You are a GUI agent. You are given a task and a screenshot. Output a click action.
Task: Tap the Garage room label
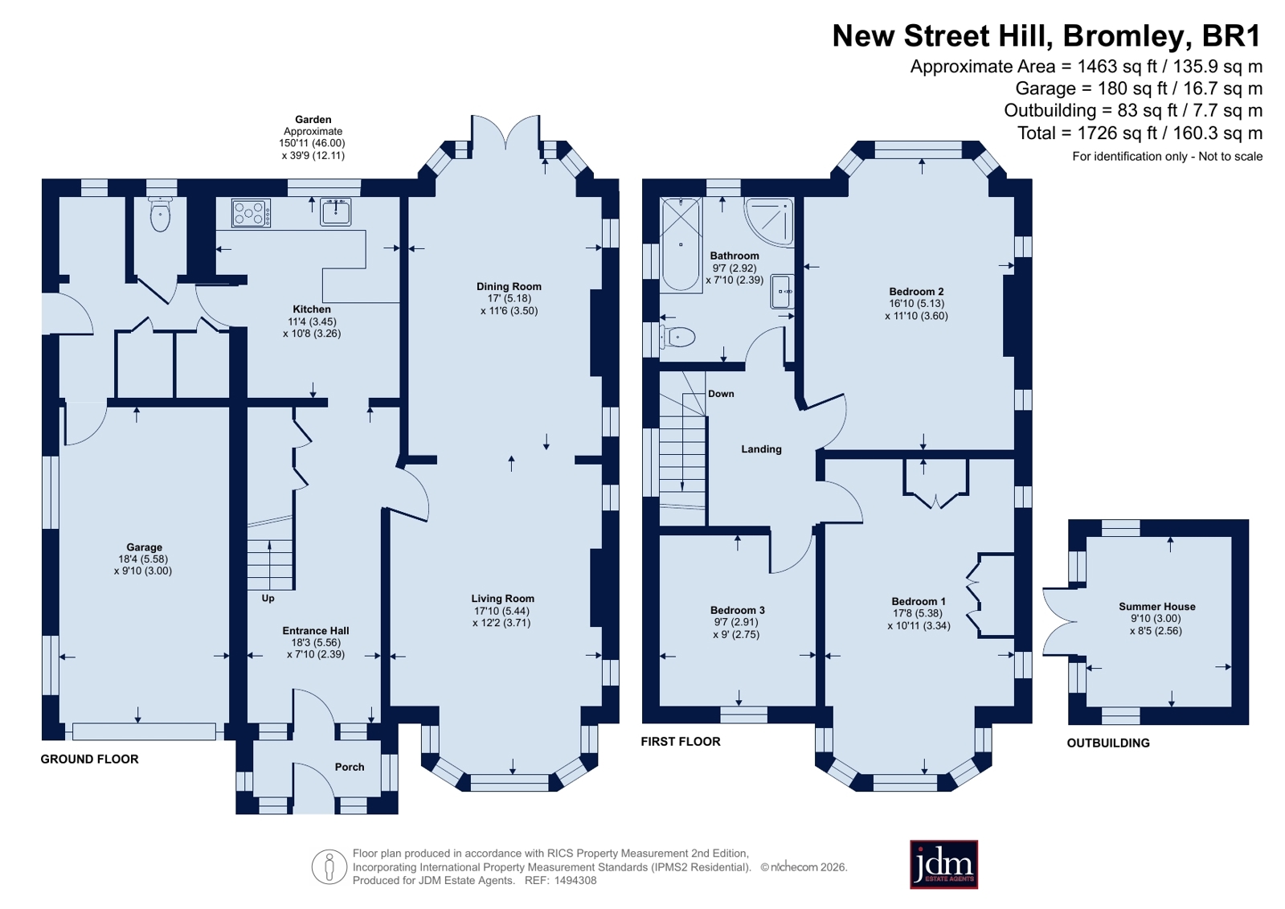coord(145,547)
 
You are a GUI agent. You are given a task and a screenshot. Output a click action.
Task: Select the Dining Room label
coord(509,286)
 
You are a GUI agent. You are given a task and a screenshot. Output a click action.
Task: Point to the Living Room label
coord(502,599)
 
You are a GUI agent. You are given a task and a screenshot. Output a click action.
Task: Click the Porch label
coord(350,767)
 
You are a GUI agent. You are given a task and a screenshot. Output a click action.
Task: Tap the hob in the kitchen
coord(251,213)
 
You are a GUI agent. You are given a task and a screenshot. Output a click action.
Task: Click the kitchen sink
coord(335,211)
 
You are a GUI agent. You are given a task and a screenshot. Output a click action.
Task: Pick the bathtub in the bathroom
coord(681,244)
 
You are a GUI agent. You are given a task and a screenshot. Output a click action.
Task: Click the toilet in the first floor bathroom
coord(677,337)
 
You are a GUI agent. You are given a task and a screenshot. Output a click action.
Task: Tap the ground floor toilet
coord(160,214)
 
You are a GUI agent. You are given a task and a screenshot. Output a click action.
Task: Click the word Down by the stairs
coord(721,394)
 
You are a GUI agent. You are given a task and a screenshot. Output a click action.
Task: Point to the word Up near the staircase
coord(268,598)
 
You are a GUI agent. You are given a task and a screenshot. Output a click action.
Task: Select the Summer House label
coord(1157,607)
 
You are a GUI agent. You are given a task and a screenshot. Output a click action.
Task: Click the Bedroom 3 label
coord(737,610)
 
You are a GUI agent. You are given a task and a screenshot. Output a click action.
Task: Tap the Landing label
coord(761,449)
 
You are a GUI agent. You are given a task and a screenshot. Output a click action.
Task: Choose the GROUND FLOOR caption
coord(89,760)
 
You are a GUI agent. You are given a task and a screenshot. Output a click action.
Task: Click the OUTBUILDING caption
coord(1108,743)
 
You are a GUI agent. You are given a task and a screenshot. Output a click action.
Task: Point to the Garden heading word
coord(313,120)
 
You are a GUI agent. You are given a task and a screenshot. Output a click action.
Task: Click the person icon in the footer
coord(329,866)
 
